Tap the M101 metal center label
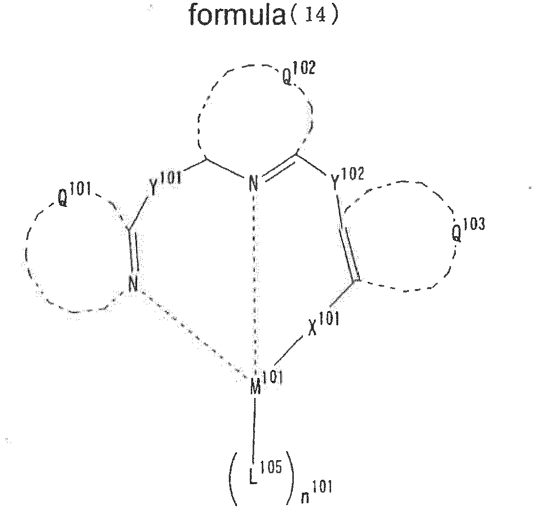[265, 381]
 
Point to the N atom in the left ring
[133, 286]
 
